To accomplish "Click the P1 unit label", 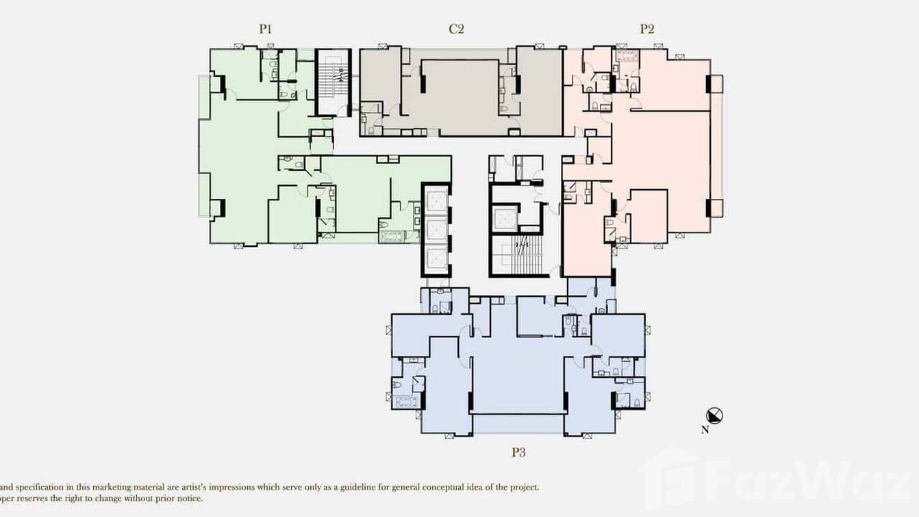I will click(x=266, y=29).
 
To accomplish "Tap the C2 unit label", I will click(x=457, y=29).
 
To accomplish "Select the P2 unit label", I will click(x=646, y=29).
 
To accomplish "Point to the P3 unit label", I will click(x=518, y=453).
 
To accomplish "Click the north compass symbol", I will click(x=715, y=416).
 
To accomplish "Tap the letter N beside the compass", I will click(x=705, y=431).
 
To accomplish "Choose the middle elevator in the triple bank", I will click(x=436, y=228).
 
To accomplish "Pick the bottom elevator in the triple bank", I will click(x=436, y=257).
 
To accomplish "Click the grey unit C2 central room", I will click(x=459, y=96).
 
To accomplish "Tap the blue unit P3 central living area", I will click(x=517, y=370).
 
